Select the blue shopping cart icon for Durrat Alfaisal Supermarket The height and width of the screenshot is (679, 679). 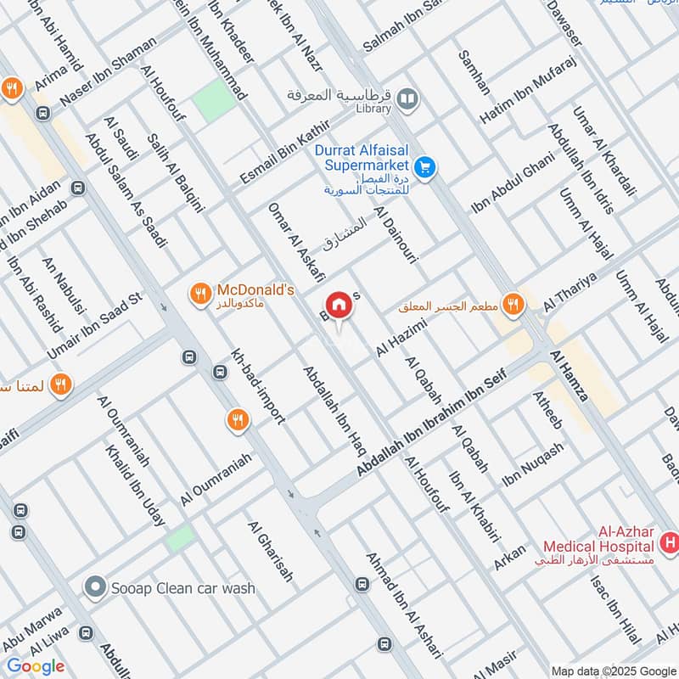tap(426, 168)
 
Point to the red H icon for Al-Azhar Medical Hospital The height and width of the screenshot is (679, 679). tap(670, 541)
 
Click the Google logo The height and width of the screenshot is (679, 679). tap(36, 666)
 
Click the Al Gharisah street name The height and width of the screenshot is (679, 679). tap(271, 552)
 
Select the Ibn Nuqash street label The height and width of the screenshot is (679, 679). tap(533, 464)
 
